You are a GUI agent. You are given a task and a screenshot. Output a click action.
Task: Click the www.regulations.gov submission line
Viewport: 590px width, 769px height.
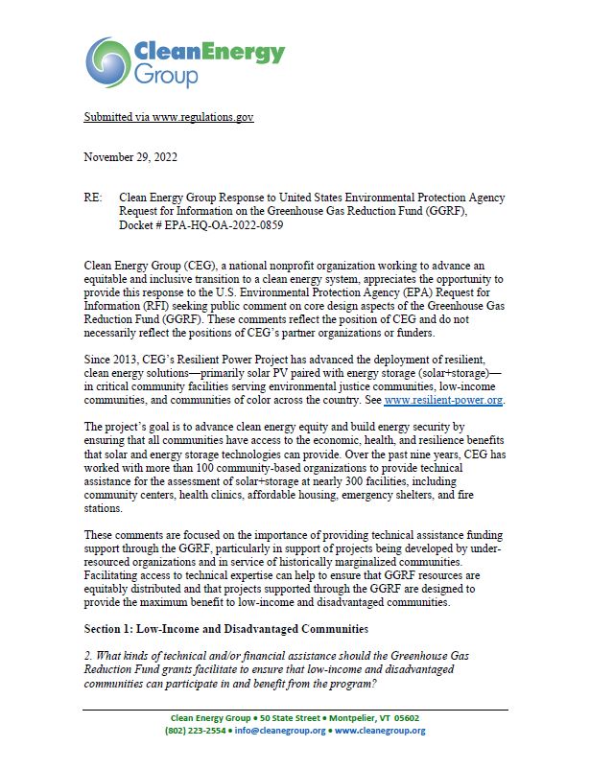click(168, 117)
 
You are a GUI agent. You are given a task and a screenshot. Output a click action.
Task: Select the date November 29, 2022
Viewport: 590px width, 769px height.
click(130, 156)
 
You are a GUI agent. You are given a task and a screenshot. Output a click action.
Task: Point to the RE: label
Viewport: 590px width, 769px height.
click(93, 198)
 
